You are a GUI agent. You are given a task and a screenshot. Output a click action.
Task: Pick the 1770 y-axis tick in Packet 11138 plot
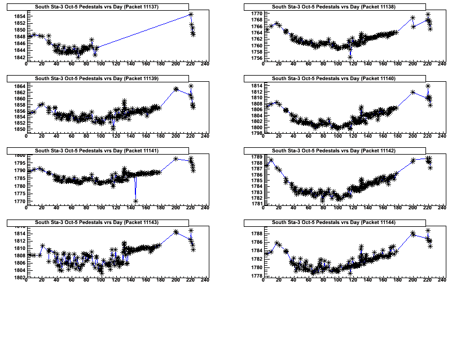coord(257,13)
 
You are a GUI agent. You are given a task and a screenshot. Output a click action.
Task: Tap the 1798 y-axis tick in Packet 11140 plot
coord(257,134)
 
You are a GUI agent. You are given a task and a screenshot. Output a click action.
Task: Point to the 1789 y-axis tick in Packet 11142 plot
coord(257,157)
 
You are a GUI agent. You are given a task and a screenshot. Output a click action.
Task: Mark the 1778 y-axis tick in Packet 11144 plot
coord(257,276)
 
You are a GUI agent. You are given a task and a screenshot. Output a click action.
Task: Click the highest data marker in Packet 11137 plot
coord(191,14)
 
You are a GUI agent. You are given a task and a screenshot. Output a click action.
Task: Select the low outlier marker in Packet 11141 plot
coord(136,201)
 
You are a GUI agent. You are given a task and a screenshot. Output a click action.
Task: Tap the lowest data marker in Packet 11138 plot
coord(350,57)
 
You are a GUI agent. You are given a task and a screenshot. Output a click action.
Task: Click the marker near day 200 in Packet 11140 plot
coord(413,92)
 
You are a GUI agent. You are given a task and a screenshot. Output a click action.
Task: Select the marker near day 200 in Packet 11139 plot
coord(176,89)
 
